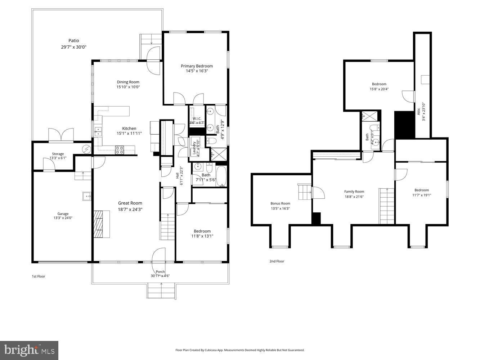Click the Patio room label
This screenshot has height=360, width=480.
coord(73,41)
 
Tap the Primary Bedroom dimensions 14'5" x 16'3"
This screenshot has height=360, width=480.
coord(197,71)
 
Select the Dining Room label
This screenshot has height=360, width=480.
coord(128,82)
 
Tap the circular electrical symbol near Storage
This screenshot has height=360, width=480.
coord(86,148)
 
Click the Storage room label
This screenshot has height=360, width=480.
coord(58,154)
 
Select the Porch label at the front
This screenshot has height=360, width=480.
coord(160,272)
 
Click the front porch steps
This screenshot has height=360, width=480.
coord(161,291)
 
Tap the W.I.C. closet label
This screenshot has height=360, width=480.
coord(197,118)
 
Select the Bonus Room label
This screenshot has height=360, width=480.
coord(280,203)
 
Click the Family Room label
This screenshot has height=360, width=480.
coord(354,192)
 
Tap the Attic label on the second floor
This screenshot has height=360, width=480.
coord(419,111)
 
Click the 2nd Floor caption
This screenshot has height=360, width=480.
coord(277,261)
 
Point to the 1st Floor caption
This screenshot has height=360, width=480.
coord(39,276)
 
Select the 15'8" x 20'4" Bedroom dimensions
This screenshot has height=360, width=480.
coord(379,89)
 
